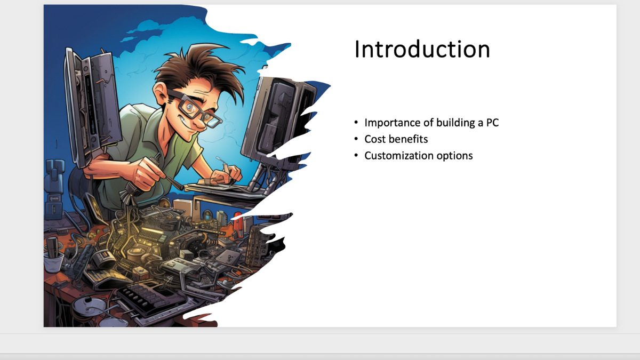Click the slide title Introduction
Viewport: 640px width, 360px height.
pyautogui.click(x=422, y=50)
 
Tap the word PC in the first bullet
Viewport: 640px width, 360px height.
pyautogui.click(x=492, y=123)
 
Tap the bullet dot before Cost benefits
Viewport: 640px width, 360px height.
pyautogui.click(x=356, y=139)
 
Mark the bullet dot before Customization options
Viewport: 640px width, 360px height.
pyautogui.click(x=356, y=155)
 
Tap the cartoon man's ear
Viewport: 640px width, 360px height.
pyautogui.click(x=159, y=92)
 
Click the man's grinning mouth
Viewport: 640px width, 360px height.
pyautogui.click(x=190, y=126)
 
